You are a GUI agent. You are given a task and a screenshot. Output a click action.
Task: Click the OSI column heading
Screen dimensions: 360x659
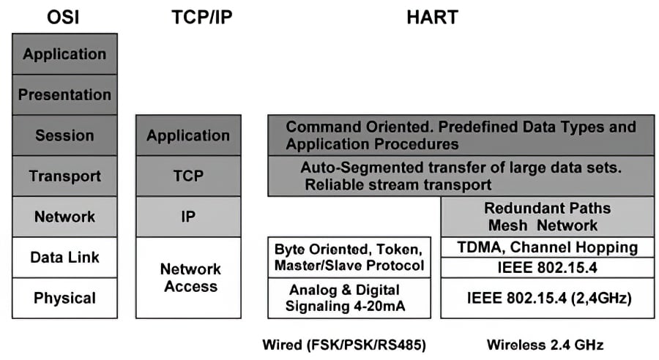click(64, 17)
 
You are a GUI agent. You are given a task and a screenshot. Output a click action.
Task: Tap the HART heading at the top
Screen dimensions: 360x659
click(432, 17)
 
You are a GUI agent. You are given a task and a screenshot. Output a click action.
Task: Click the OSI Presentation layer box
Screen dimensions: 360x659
click(64, 94)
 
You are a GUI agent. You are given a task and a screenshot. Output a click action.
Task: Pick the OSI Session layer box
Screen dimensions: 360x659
click(64, 135)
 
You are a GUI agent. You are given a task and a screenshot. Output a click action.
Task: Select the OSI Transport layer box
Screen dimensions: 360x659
click(64, 176)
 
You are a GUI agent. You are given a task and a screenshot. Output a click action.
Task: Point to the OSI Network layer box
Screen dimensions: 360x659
click(64, 217)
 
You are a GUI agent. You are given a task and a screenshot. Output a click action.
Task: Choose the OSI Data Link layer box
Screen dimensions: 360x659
click(64, 257)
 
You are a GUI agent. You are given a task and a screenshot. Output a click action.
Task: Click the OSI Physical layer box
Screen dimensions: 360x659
click(64, 298)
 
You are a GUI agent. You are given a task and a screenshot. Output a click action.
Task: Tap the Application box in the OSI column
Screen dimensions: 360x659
click(64, 54)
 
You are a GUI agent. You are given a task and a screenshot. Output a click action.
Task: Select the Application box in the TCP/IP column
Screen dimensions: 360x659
click(188, 135)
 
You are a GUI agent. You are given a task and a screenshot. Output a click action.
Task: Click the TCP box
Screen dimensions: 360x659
click(188, 176)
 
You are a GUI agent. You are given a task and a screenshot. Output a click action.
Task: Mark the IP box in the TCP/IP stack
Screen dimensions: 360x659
click(188, 217)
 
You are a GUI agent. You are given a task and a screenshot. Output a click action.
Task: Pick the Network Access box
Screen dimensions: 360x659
click(188, 277)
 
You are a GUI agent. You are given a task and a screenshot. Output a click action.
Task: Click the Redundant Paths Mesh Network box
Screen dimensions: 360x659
click(547, 217)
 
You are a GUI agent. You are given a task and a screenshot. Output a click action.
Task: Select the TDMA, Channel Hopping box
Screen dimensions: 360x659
click(547, 247)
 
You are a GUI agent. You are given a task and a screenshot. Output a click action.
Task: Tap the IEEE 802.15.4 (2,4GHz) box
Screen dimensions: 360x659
click(547, 298)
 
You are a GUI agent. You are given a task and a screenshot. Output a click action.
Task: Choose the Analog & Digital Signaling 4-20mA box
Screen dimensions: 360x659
click(349, 298)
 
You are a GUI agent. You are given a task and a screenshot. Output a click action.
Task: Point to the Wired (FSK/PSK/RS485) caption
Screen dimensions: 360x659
click(344, 344)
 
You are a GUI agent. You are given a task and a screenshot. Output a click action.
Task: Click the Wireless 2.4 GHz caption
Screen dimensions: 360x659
click(546, 344)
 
